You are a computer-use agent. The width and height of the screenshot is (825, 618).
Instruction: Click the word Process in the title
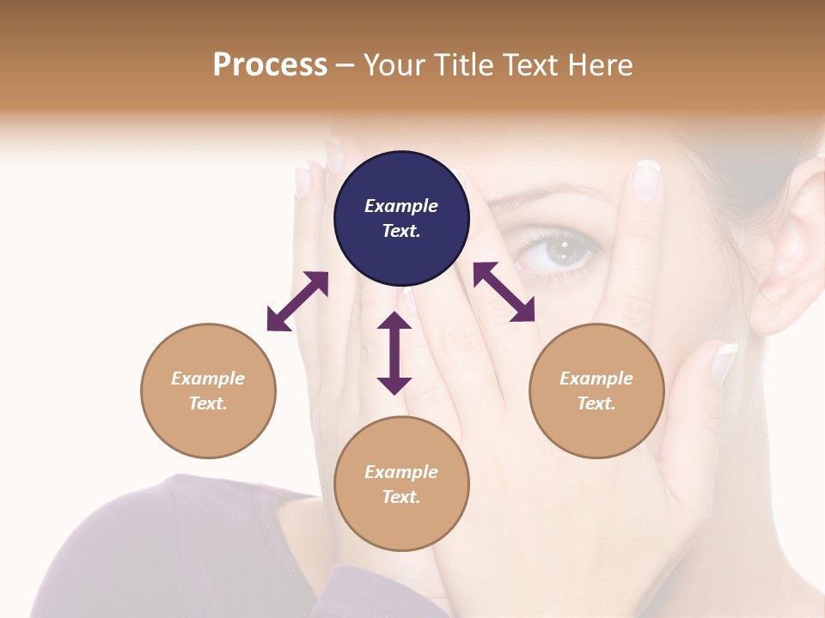coord(270,64)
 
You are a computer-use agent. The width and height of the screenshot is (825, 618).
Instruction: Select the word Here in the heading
coord(598,64)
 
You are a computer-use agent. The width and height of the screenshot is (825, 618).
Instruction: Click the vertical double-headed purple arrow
coord(394,353)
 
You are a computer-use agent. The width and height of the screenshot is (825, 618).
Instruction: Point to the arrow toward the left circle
coord(297,301)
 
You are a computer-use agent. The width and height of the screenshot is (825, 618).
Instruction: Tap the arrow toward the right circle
coord(504,292)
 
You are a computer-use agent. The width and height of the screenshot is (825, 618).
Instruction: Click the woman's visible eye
coord(559,251)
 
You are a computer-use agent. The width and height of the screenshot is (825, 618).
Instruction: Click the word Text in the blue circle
coord(400,231)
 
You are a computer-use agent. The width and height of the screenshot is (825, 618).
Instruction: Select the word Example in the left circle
coord(208,379)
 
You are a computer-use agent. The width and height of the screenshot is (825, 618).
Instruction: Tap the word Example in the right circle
coord(596,379)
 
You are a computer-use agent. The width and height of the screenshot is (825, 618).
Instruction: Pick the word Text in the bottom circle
coord(400,497)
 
